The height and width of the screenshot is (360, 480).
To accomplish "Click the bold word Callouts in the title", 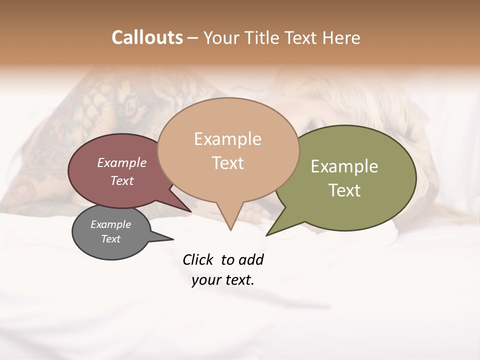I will click(147, 37).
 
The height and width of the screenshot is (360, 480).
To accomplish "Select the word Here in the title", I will click(341, 37).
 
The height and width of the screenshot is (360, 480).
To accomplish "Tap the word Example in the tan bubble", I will click(227, 139).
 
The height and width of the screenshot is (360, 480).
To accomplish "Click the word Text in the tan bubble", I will click(227, 162).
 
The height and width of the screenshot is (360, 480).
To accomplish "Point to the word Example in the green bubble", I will click(344, 166).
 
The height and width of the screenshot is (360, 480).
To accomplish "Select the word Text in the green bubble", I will click(344, 190).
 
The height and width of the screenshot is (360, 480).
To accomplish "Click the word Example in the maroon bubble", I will click(121, 162).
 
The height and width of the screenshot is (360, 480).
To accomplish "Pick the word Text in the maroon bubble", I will click(121, 180).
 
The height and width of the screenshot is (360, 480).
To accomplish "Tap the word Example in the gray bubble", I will click(110, 224).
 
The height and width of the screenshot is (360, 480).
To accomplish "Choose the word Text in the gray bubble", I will click(110, 239).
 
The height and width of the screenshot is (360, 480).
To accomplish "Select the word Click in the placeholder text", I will click(198, 260).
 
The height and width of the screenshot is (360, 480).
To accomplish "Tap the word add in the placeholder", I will click(251, 260).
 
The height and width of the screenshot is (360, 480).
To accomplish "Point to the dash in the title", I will click(193, 38).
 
